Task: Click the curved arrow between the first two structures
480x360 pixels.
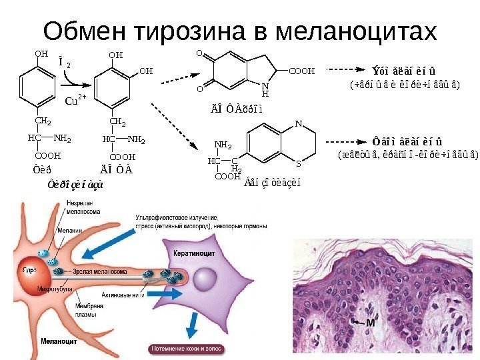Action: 75,81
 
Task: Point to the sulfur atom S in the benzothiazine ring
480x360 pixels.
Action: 298,162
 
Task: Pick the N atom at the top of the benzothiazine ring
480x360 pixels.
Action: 298,124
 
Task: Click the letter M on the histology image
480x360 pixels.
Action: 369,322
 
